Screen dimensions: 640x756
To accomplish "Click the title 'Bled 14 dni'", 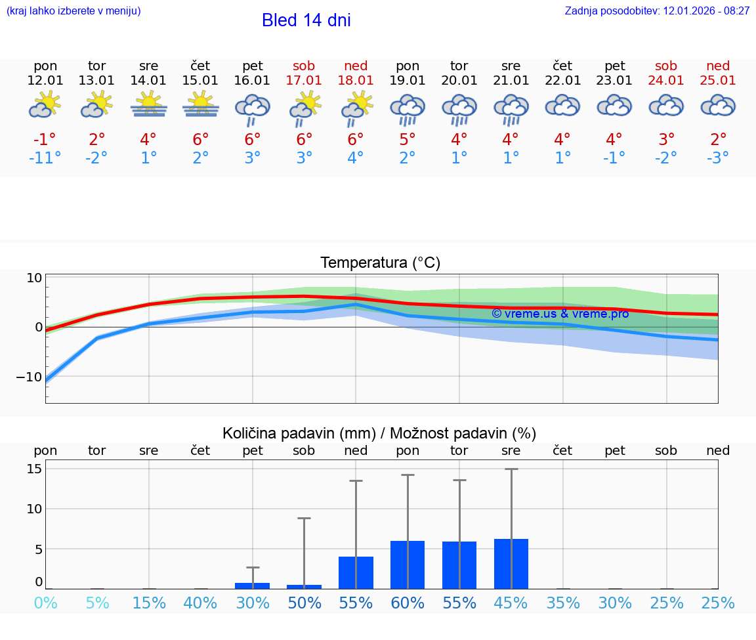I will click(x=306, y=20).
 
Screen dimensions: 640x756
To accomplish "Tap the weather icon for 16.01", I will click(x=253, y=108).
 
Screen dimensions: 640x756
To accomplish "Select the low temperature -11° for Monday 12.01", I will click(x=45, y=158).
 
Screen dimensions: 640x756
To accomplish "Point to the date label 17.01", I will click(x=304, y=81).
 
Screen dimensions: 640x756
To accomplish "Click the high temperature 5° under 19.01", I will click(x=408, y=140).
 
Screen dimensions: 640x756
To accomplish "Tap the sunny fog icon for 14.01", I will click(x=149, y=105).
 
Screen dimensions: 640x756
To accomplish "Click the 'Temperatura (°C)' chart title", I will click(x=380, y=263).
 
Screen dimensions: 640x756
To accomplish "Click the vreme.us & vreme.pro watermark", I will click(x=560, y=314).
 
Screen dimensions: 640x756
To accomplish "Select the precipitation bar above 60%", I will click(x=408, y=565).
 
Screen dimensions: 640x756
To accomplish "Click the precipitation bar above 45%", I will click(x=511, y=563).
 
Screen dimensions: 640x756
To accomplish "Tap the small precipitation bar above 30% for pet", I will click(x=253, y=586).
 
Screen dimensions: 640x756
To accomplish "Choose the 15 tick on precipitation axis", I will click(x=34, y=469).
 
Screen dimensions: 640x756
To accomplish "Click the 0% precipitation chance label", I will click(x=45, y=603).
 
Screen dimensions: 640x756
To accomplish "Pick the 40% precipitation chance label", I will click(x=200, y=603).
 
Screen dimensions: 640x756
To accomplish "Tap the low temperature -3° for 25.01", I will click(x=718, y=158).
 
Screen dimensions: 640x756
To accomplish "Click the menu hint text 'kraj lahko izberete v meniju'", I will click(x=73, y=11).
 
